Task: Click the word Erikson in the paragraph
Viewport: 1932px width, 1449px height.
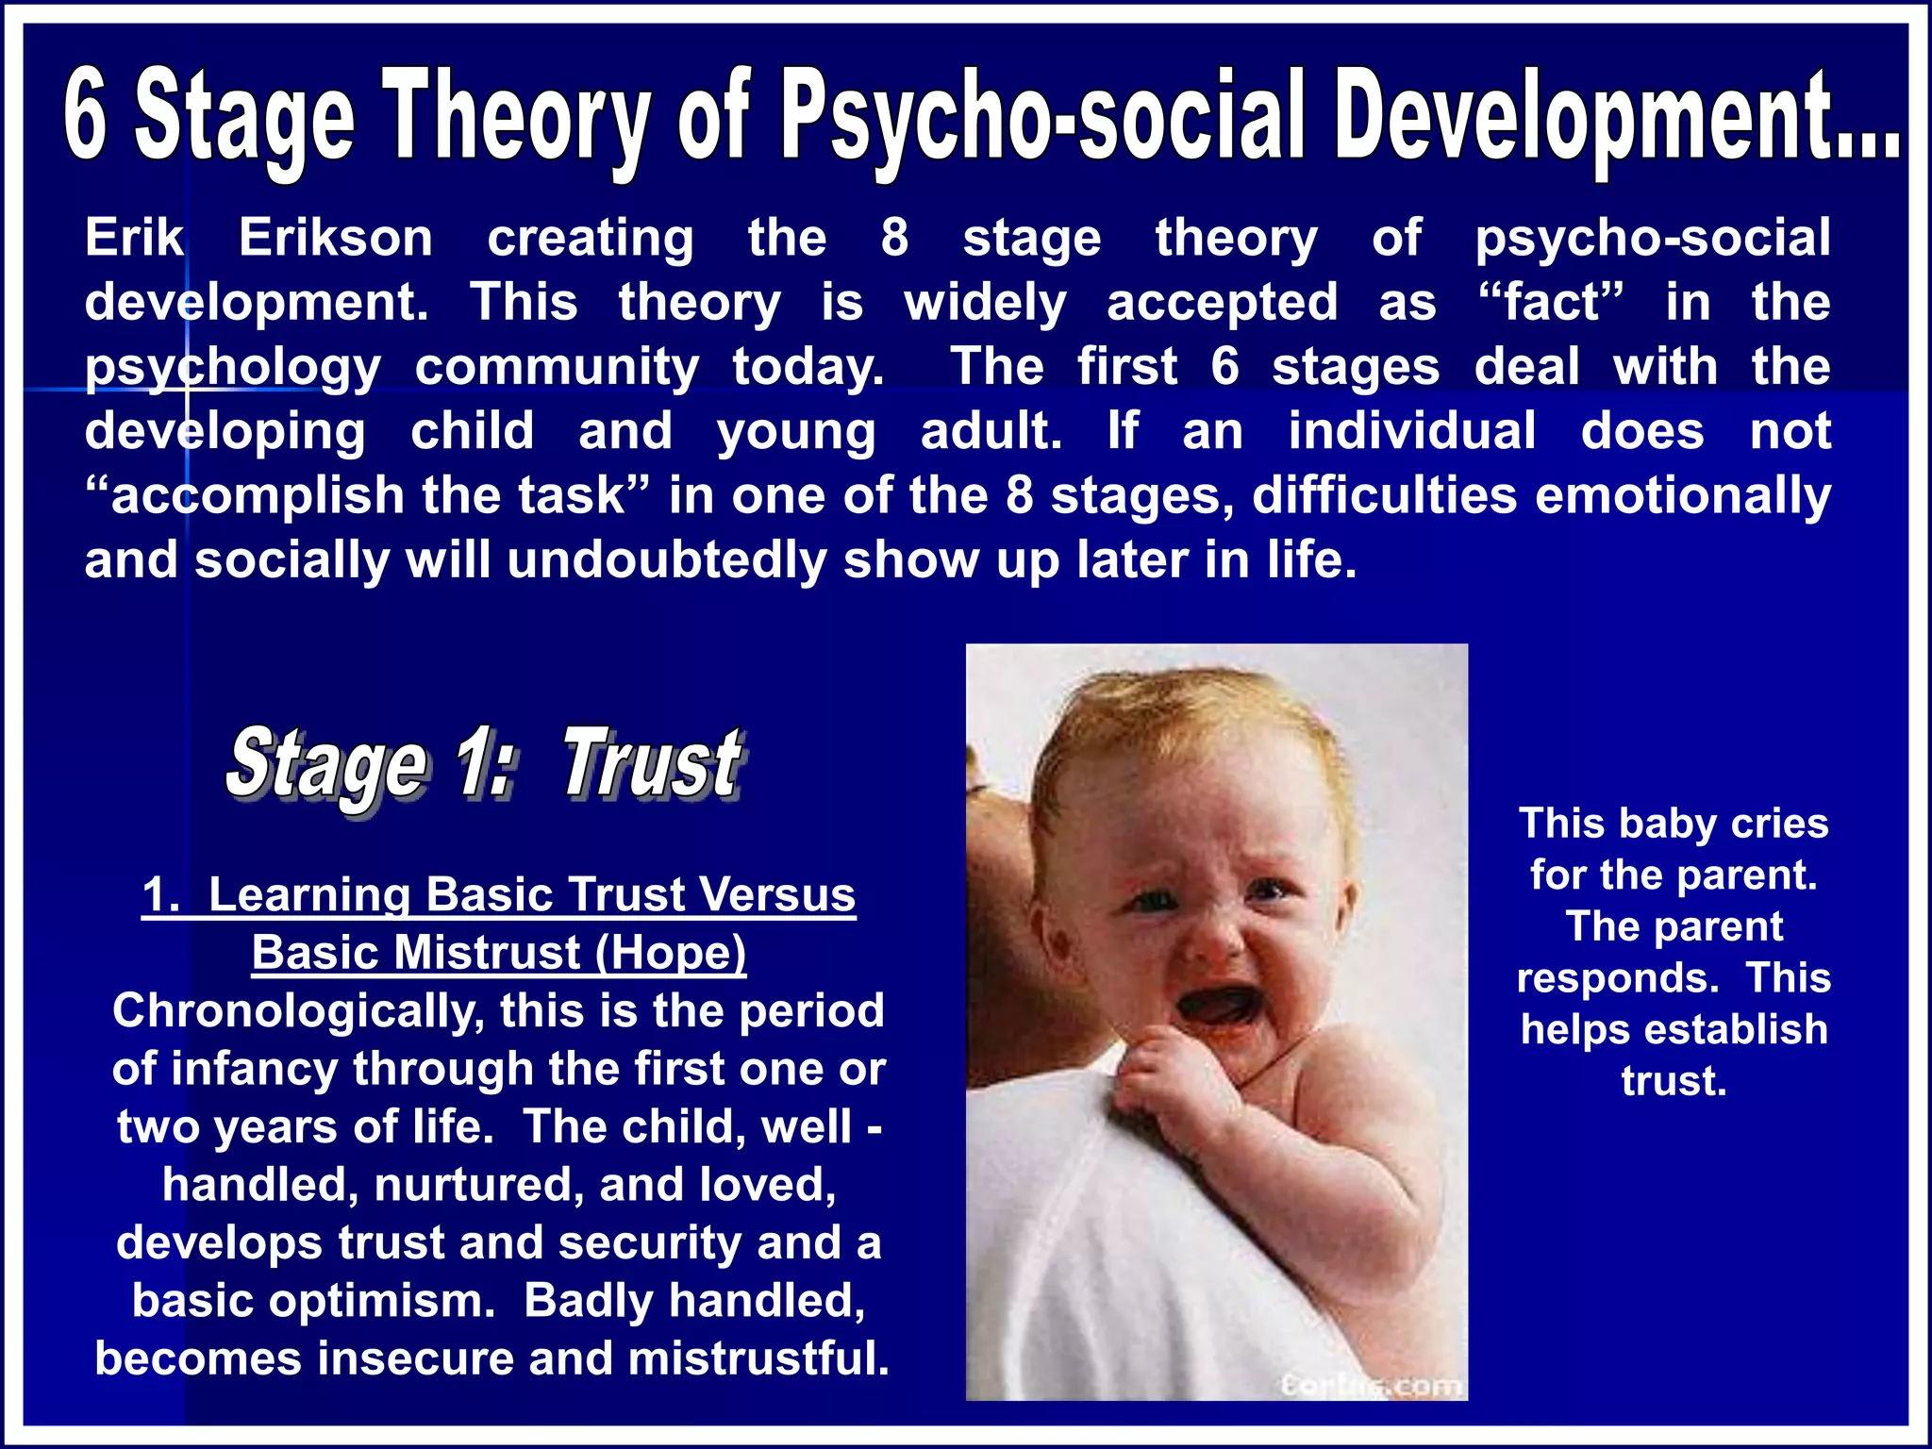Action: point(335,237)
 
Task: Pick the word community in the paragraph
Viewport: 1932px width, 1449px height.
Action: point(557,366)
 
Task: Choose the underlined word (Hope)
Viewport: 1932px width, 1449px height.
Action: point(670,952)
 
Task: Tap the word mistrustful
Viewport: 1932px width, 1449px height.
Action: point(758,1358)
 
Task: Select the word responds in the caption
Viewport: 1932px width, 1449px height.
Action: point(1617,978)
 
